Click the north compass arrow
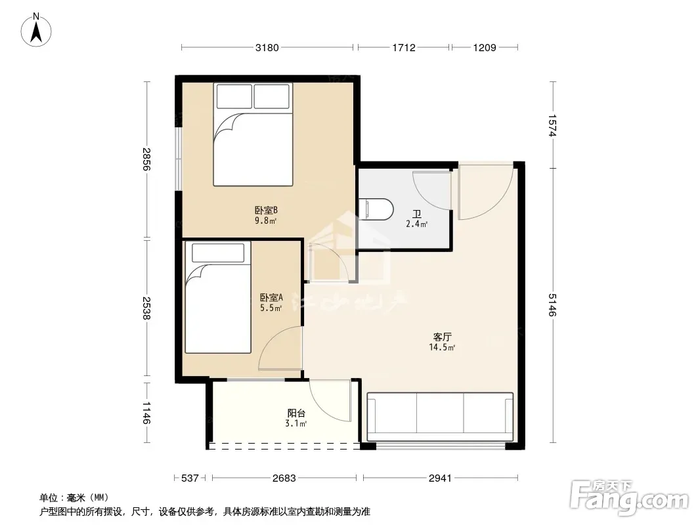click(x=36, y=31)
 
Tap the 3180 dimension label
click(x=267, y=47)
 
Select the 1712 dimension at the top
click(x=404, y=47)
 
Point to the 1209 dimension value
click(x=485, y=47)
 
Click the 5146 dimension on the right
click(x=552, y=305)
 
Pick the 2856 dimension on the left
click(x=146, y=159)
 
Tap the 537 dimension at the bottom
click(x=190, y=478)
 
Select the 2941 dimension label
click(x=440, y=478)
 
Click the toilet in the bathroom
click(x=376, y=209)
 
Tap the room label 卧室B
click(x=267, y=209)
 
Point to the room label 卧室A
click(x=271, y=297)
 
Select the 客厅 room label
click(x=442, y=337)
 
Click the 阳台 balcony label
click(x=296, y=413)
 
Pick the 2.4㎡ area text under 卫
click(x=416, y=224)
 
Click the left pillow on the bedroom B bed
click(x=234, y=96)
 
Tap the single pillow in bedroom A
click(x=218, y=253)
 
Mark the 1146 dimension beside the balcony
click(x=146, y=413)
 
